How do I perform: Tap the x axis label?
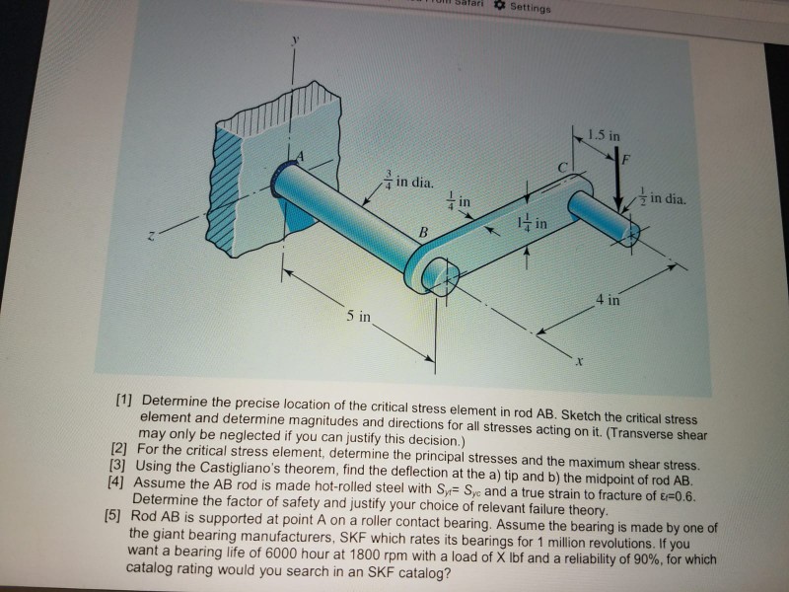tap(580, 361)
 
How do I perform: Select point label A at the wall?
tap(301, 157)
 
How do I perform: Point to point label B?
tap(423, 233)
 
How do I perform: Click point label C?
tap(563, 167)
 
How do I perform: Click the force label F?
tap(625, 160)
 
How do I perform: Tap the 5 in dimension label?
tap(358, 316)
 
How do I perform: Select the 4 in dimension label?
tap(608, 300)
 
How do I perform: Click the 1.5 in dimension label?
tap(604, 135)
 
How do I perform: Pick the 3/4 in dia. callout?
tap(409, 181)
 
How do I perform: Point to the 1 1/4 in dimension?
tap(533, 222)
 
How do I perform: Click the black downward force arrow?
tap(618, 180)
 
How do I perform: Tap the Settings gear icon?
tap(500, 6)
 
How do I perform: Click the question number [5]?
tap(112, 515)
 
